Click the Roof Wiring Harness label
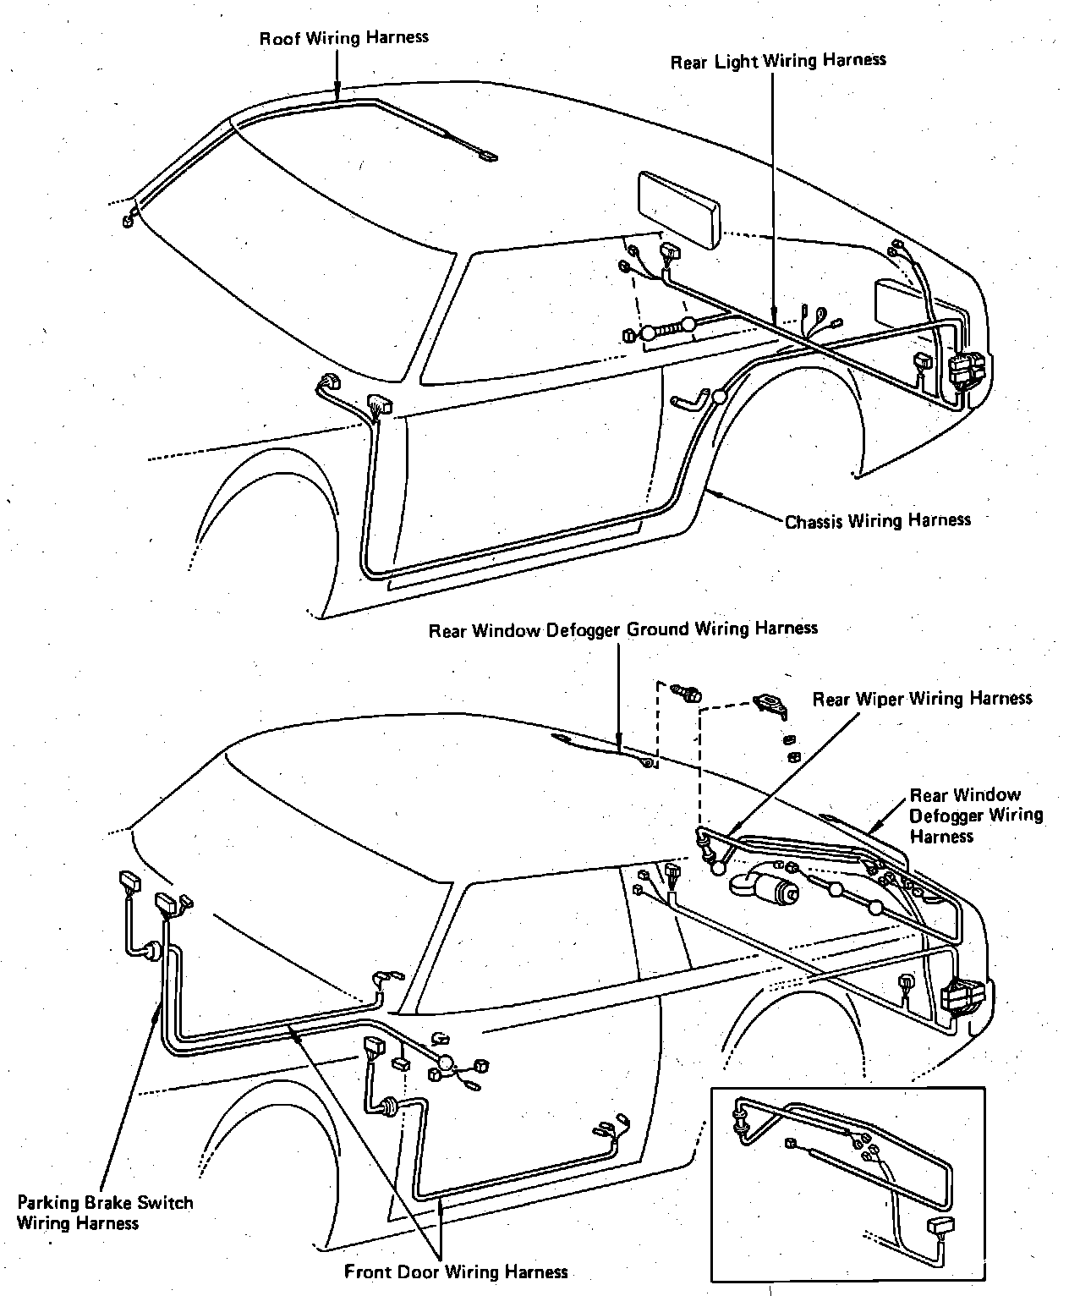[343, 38]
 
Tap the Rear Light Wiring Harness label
[778, 61]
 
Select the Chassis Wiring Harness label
[878, 519]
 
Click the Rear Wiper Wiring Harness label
[922, 699]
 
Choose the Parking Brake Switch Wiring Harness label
[105, 1212]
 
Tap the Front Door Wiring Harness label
[456, 1271]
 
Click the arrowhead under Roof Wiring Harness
[337, 94]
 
